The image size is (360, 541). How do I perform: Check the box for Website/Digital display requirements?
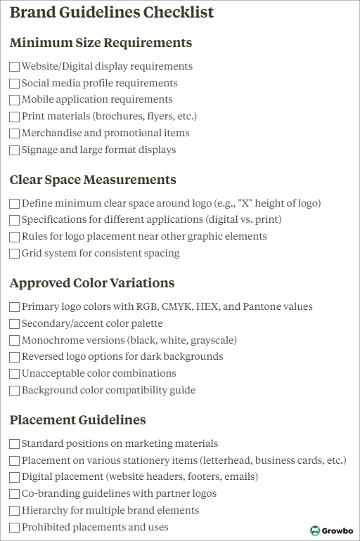click(15, 67)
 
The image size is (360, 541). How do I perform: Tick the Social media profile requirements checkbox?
click(15, 84)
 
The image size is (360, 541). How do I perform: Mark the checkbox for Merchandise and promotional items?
click(15, 133)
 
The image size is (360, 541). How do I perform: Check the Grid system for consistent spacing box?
click(15, 254)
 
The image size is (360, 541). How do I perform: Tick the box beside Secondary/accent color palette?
click(15, 324)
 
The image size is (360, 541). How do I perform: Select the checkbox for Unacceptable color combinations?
click(15, 374)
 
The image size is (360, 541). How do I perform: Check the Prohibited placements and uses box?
click(15, 528)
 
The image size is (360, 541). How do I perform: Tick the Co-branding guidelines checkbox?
click(15, 494)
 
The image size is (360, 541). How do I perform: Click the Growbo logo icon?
click(316, 530)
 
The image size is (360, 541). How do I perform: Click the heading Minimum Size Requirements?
click(101, 43)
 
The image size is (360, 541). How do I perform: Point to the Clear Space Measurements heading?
click(93, 180)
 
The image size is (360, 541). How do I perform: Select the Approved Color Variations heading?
click(92, 283)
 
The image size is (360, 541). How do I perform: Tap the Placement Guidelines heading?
click(78, 420)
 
